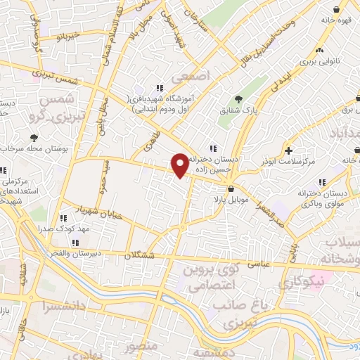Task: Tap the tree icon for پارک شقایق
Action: tap(238, 99)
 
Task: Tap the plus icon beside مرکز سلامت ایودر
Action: tap(289, 150)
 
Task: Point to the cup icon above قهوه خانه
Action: tap(340, 9)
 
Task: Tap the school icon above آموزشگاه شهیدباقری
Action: tap(160, 88)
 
